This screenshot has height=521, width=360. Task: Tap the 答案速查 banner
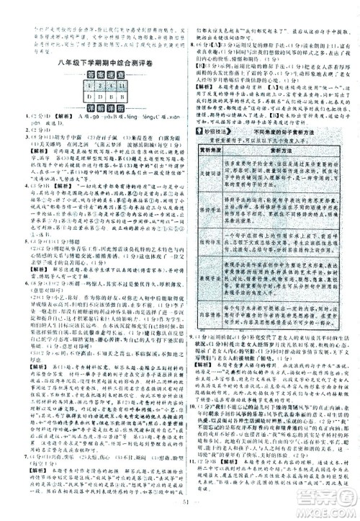100,76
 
